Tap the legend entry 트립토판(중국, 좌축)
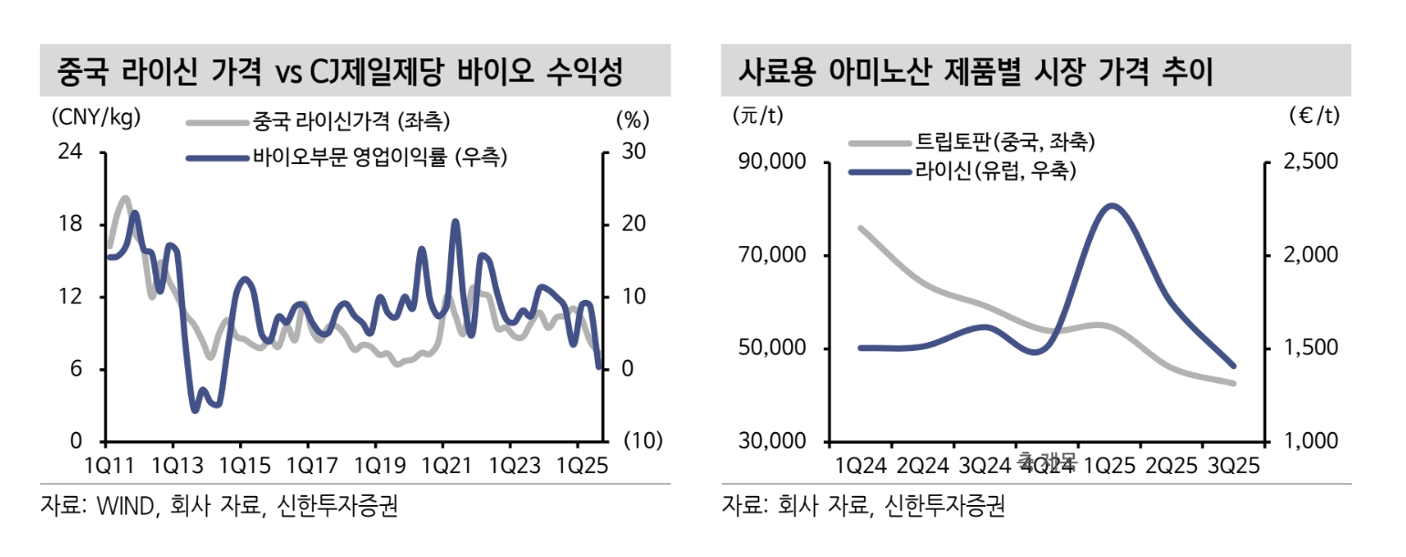[x=1004, y=142]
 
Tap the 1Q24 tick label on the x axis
[x=861, y=466]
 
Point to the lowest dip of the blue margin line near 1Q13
[x=194, y=410]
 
